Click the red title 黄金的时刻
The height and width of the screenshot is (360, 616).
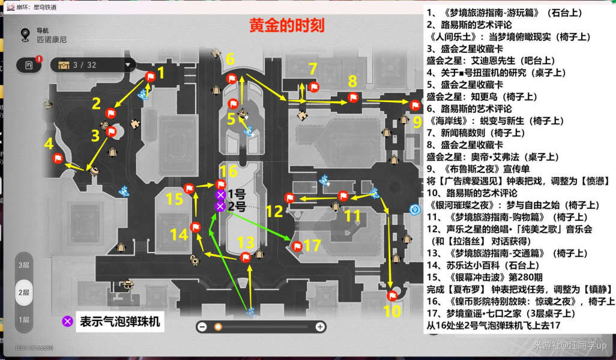[x=287, y=26]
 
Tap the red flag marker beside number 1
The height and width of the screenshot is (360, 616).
[x=150, y=76]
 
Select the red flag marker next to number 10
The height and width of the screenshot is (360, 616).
[x=392, y=295]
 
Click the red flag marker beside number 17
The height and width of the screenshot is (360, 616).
[x=297, y=245]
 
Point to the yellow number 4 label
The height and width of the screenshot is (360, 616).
[x=49, y=143]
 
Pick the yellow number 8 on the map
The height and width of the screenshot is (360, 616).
[x=352, y=81]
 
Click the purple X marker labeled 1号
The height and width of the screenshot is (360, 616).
[x=220, y=195]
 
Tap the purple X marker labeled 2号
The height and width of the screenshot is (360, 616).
[x=220, y=206]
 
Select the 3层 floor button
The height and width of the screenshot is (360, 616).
[x=24, y=265]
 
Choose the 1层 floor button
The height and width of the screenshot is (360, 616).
[x=24, y=320]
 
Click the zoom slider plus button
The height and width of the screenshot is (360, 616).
[x=321, y=326]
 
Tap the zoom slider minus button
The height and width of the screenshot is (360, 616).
[x=202, y=326]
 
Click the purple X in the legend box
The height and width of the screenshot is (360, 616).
[x=68, y=321]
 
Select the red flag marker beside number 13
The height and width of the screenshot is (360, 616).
[x=245, y=257]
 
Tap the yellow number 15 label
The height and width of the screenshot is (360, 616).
[x=174, y=199]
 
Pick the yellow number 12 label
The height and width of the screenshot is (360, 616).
[x=274, y=211]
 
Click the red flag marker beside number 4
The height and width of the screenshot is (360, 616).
[x=58, y=158]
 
